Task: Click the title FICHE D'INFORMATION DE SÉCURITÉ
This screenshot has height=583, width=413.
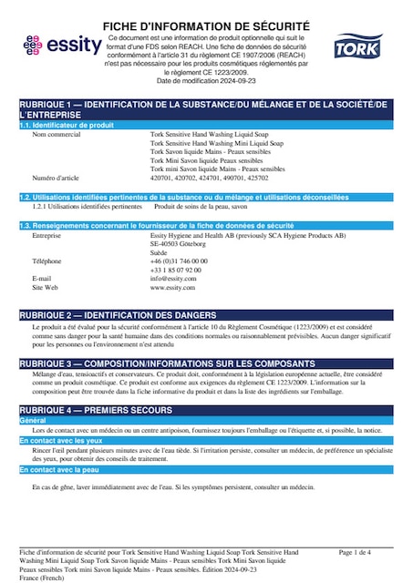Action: pyautogui.click(x=206, y=26)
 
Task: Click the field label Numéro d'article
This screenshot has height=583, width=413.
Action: pyautogui.click(x=57, y=178)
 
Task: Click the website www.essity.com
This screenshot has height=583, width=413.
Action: pyautogui.click(x=173, y=287)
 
